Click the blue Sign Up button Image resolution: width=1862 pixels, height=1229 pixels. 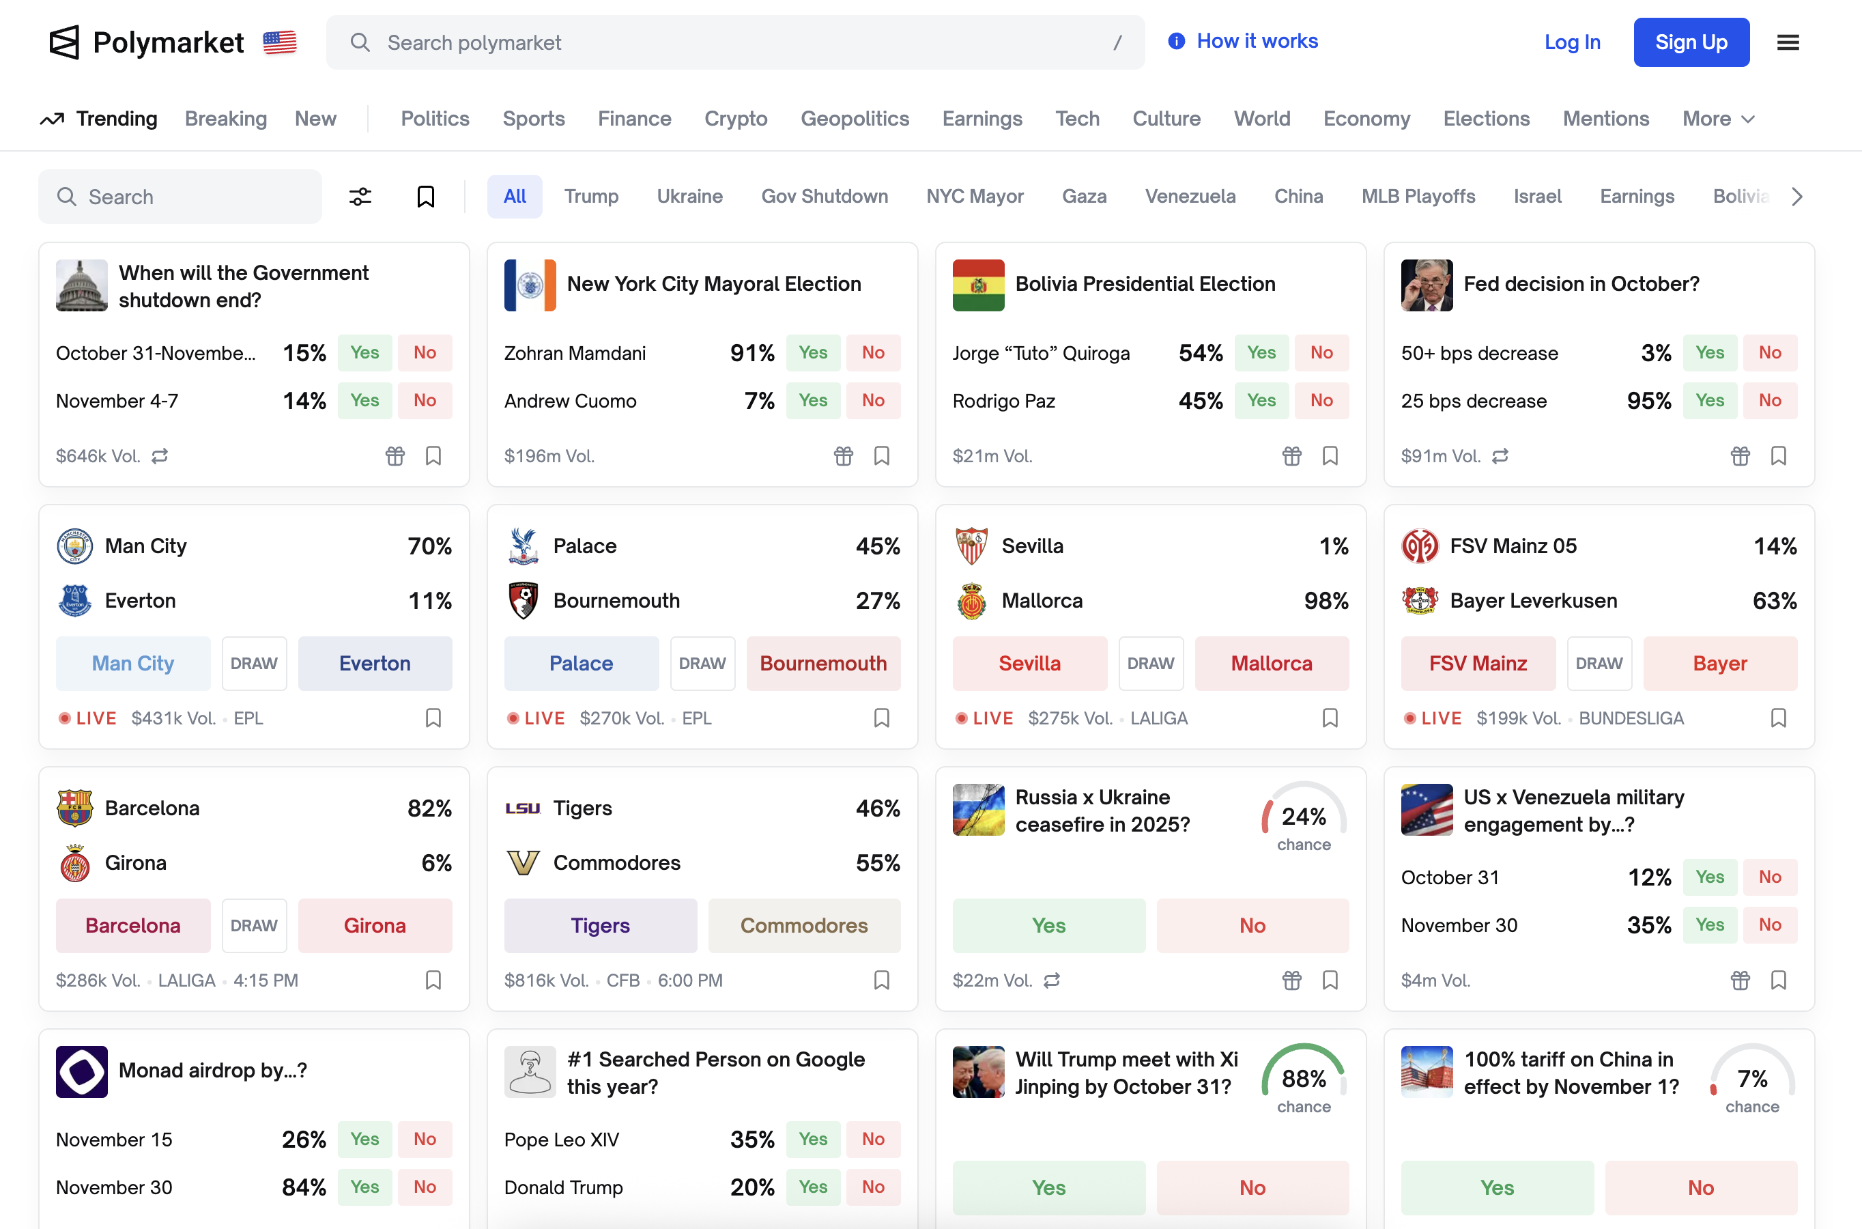(1691, 42)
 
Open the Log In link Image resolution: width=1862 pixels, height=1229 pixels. (1571, 42)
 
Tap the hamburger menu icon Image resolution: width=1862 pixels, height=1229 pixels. (1788, 42)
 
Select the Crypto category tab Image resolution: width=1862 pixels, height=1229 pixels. (735, 118)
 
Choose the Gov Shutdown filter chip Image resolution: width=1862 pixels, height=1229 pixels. (824, 196)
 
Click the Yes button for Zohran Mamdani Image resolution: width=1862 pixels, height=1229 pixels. (812, 353)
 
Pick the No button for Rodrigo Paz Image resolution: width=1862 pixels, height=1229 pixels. (1321, 401)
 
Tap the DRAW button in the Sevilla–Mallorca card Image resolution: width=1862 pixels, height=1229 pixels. (1150, 663)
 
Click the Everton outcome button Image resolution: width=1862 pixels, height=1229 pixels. (375, 663)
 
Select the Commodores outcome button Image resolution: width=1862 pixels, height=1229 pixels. (804, 926)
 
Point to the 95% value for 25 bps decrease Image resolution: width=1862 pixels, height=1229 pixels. (1648, 401)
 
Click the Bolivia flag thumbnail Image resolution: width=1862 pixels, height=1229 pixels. (977, 285)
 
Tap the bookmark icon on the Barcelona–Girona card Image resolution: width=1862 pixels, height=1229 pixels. (433, 980)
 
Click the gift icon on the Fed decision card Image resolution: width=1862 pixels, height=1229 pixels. (1739, 455)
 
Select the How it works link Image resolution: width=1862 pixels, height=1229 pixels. (1257, 41)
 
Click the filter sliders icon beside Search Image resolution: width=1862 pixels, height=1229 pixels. (360, 196)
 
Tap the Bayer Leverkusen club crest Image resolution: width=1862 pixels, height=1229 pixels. (1420, 600)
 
